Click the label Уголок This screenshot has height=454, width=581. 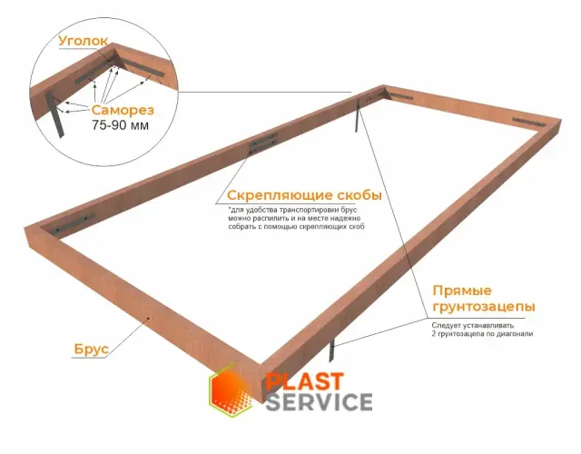point(84,41)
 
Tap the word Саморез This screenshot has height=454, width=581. point(123,110)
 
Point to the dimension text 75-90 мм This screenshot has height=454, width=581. point(121,125)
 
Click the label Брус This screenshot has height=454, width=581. point(92,349)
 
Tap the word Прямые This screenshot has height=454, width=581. point(462,291)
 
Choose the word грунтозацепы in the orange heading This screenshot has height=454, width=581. point(484,307)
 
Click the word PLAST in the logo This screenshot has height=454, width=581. point(305,382)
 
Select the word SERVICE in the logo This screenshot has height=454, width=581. point(319,401)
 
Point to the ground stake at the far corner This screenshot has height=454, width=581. point(357,115)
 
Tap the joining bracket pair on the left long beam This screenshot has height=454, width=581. point(263,142)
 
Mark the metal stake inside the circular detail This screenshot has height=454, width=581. point(54,114)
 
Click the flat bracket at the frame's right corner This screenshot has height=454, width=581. point(528,121)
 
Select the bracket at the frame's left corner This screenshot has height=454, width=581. point(74,223)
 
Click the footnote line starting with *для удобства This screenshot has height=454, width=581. point(291,210)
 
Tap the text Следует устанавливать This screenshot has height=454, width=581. point(473,325)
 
